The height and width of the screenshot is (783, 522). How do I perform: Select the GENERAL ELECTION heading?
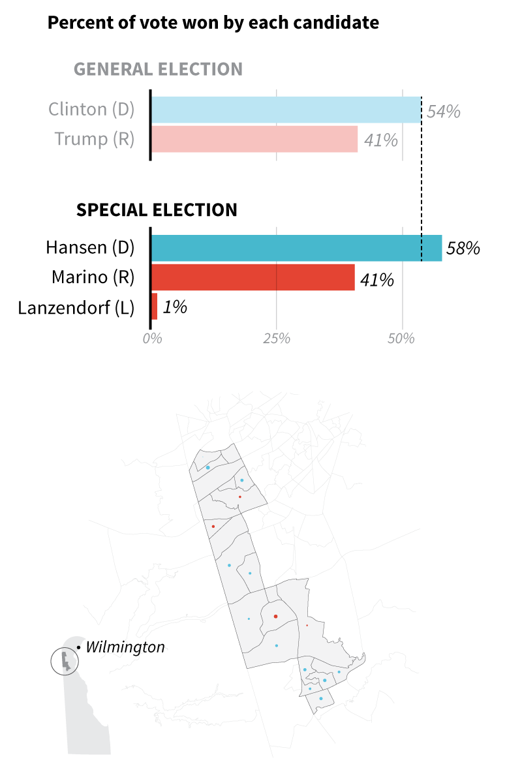[x=158, y=69]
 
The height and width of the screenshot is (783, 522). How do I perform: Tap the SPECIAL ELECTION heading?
[x=157, y=210]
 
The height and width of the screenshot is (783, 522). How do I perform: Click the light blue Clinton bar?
[x=286, y=110]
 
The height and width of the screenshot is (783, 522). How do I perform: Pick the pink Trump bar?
[x=254, y=139]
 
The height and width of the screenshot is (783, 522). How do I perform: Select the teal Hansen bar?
[x=296, y=248]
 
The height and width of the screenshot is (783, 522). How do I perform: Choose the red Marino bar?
[x=253, y=277]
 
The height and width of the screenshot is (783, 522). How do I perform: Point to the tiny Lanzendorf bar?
[x=154, y=307]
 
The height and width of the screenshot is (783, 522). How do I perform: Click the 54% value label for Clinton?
[x=444, y=112]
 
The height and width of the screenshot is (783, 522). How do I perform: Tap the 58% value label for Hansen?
[x=463, y=249]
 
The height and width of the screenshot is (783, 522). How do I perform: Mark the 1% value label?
[x=174, y=307]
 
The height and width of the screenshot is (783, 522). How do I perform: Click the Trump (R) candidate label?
[x=95, y=139]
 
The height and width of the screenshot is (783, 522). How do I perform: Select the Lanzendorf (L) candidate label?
[x=76, y=307]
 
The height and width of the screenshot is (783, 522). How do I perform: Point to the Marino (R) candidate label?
[x=93, y=278]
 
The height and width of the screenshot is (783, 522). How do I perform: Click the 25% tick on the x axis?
[x=276, y=339]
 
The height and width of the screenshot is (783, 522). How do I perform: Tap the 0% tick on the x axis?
[x=151, y=339]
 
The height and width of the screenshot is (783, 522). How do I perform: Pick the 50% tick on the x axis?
[x=401, y=339]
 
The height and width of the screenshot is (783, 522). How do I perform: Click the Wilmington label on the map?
[x=125, y=647]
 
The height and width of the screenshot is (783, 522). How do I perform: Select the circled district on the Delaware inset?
[x=65, y=661]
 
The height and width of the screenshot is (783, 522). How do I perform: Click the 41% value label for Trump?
[x=381, y=140]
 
